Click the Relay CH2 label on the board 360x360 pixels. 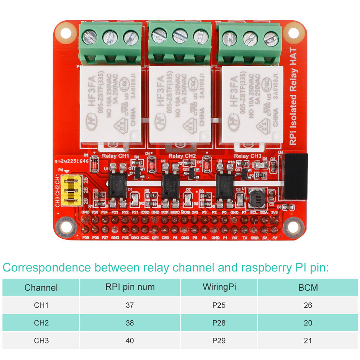click(182, 156)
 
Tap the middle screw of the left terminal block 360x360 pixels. click(110, 37)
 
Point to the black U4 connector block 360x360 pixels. click(296, 176)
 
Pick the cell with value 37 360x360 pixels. click(130, 305)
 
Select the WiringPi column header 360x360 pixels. click(219, 287)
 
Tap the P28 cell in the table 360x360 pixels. click(219, 323)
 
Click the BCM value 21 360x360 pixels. click(308, 340)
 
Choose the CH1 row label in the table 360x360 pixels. click(41, 305)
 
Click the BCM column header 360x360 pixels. click(308, 287)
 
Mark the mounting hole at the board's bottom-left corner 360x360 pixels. click(66, 227)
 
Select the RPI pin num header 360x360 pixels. click(130, 287)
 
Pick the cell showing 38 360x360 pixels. click(130, 323)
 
